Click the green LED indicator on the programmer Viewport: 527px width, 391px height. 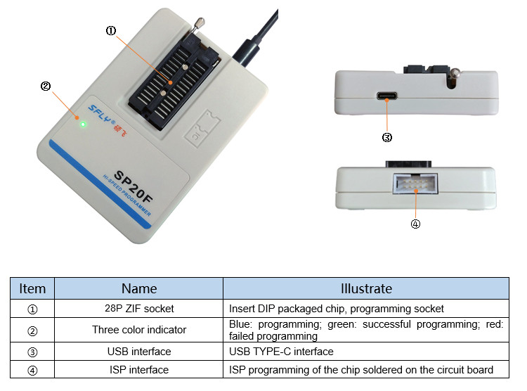[x=83, y=124]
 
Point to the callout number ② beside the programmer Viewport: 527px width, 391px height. [x=45, y=86]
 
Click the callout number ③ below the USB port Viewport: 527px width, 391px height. [x=386, y=138]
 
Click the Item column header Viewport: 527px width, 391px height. [x=32, y=288]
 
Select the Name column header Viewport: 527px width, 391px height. [x=139, y=288]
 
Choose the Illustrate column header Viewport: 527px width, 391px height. [x=365, y=288]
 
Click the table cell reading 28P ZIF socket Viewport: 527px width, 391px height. [x=139, y=308]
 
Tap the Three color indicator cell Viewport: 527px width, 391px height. [x=139, y=329]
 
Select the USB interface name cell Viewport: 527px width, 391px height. [x=139, y=351]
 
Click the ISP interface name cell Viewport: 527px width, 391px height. [x=139, y=369]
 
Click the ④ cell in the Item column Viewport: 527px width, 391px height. [x=32, y=369]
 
